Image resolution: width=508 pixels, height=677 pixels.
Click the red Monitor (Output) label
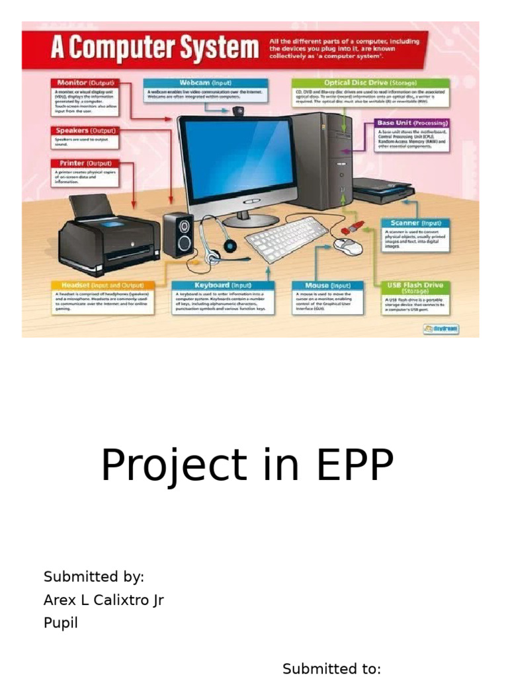click(84, 83)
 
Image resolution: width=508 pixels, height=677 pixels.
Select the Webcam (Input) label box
click(206, 83)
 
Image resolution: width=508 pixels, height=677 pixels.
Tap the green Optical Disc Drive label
click(370, 83)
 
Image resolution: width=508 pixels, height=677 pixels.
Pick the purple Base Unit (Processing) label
click(412, 123)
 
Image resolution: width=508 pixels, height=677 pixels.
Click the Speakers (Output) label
click(85, 131)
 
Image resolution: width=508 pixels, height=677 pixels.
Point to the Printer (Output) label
click(85, 163)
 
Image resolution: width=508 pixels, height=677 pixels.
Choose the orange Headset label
click(103, 285)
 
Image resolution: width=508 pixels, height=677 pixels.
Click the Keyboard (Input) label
click(222, 285)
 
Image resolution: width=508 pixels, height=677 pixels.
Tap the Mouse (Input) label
click(327, 286)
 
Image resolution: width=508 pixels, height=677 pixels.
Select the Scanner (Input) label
click(415, 223)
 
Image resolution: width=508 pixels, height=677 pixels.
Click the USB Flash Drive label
click(415, 287)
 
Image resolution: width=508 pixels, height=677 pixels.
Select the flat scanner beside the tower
click(383, 192)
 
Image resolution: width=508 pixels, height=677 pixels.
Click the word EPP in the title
click(355, 465)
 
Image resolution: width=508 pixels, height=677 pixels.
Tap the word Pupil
click(61, 623)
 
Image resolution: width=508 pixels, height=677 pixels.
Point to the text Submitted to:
click(331, 668)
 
